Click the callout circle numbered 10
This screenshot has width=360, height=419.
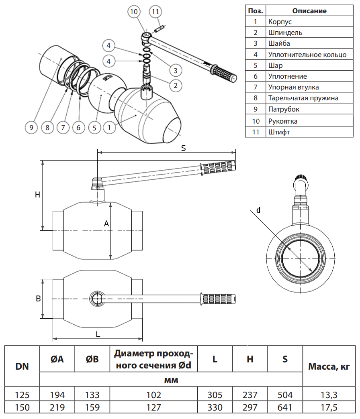click(x=134, y=12)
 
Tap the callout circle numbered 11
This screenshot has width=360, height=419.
click(x=155, y=12)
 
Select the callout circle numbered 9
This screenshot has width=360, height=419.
click(x=31, y=128)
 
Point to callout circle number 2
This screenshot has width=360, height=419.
click(x=175, y=85)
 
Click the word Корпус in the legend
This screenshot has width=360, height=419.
click(x=280, y=22)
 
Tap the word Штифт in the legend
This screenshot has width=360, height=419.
click(x=279, y=132)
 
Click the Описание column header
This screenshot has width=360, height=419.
click(x=309, y=11)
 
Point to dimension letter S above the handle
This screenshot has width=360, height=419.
click(x=183, y=148)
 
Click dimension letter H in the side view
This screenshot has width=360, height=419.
click(x=37, y=195)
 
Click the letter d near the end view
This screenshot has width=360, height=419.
click(x=258, y=209)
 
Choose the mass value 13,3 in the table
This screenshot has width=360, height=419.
click(x=329, y=395)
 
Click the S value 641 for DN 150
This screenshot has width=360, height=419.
click(x=285, y=407)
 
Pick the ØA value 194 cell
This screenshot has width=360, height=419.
click(x=57, y=395)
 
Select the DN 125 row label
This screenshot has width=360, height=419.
click(x=22, y=395)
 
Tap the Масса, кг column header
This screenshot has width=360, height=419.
click(x=329, y=366)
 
